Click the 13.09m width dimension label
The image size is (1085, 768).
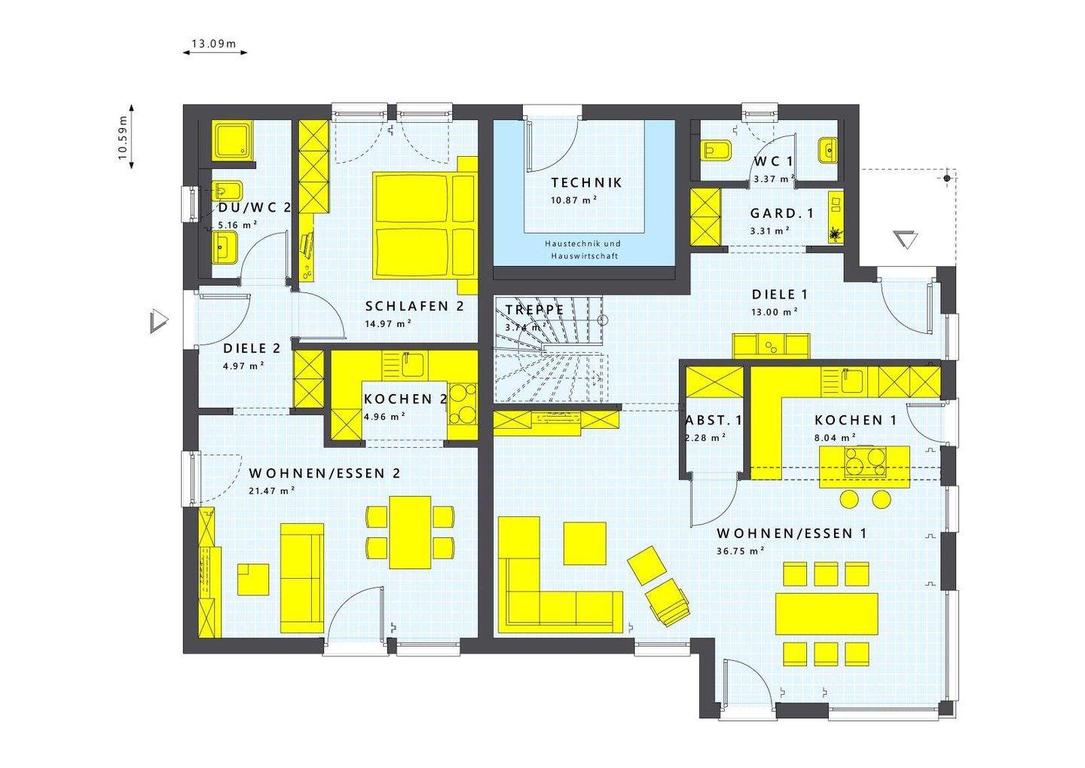point(214,44)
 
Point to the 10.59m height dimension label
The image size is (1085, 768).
point(123,137)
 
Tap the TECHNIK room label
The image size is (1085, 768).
point(586,182)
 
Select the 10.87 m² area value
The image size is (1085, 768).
point(573,200)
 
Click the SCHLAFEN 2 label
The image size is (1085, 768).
point(414,306)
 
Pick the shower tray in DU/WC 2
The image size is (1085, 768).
point(234,141)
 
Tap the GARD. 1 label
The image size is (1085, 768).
point(782,213)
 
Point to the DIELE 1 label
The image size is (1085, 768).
point(780,294)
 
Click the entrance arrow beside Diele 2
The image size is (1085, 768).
point(158,321)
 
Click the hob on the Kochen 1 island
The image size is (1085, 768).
point(865,460)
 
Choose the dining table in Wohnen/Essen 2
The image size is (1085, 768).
point(410,532)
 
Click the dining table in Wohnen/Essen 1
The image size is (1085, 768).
point(827,613)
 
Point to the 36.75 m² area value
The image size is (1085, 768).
point(741,551)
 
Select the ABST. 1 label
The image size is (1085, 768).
point(714,420)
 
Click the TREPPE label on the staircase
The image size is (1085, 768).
point(535,310)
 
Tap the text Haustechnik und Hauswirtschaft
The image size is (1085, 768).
point(583,249)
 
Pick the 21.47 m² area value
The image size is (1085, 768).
point(272,491)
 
